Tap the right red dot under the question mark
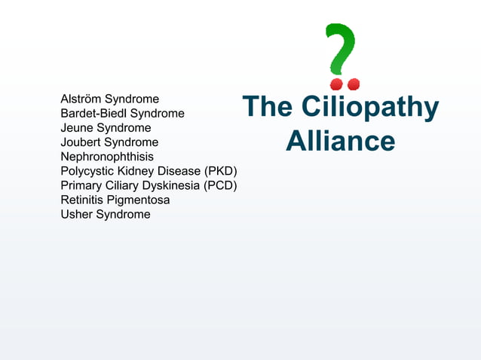tap(354, 83)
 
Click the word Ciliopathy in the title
tap(369, 107)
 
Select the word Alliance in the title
tap(340, 142)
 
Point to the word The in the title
tap(267, 107)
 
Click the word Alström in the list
tap(81, 99)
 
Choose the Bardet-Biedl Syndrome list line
tap(122, 113)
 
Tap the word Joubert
tap(81, 142)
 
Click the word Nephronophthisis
tap(107, 157)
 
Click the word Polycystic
tap(86, 171)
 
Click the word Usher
tap(75, 214)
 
